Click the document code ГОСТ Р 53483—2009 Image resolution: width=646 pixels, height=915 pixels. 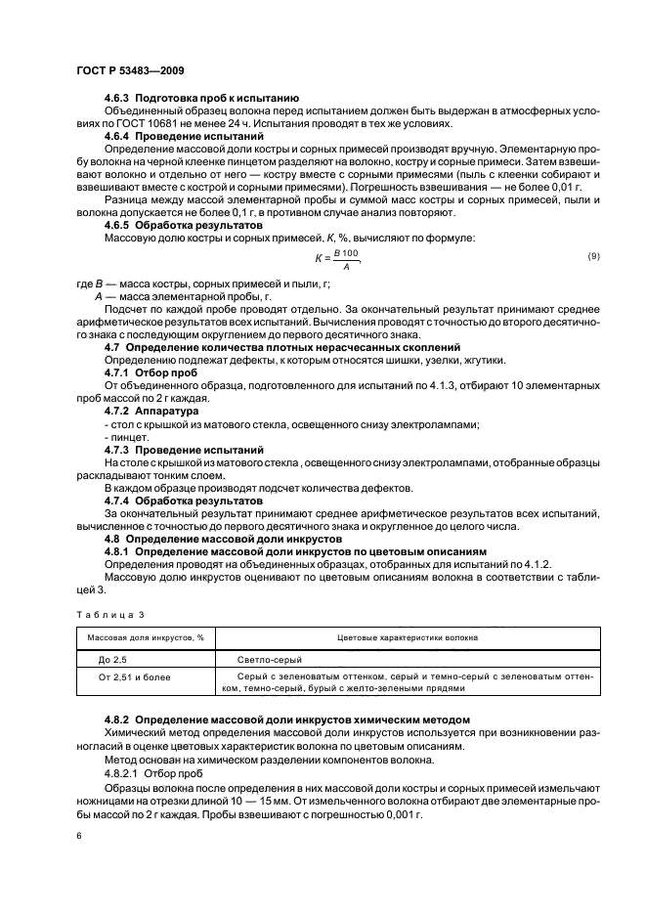click(130, 71)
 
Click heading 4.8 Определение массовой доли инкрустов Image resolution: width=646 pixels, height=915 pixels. click(221, 539)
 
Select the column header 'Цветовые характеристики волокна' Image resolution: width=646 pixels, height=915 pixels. click(407, 637)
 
